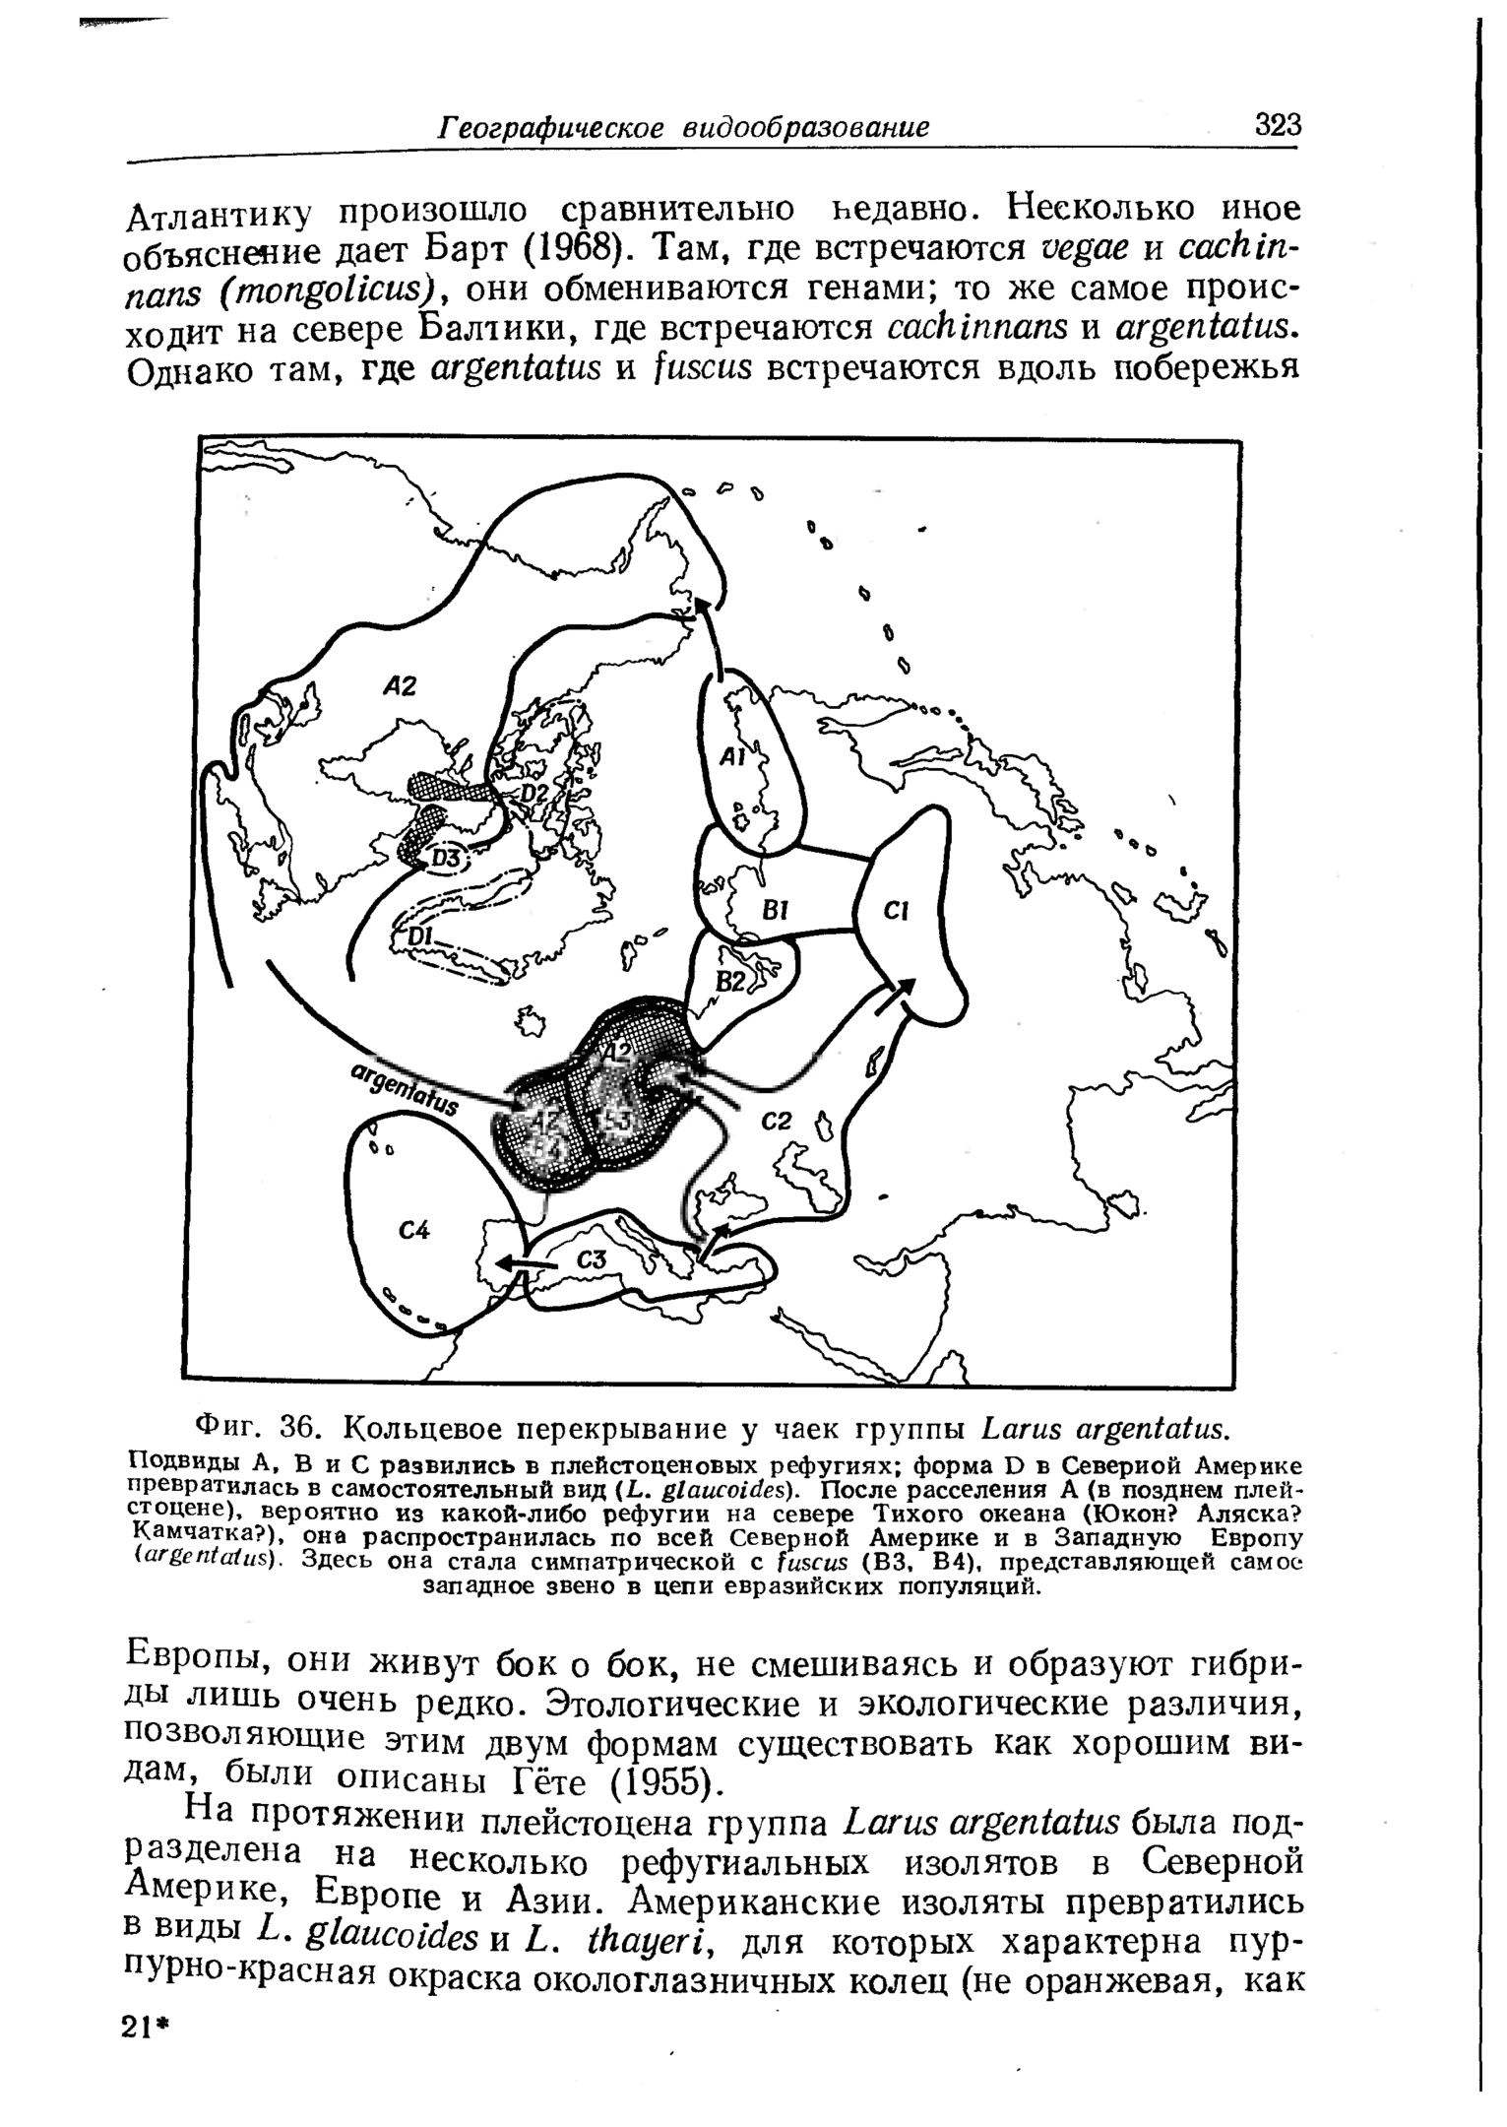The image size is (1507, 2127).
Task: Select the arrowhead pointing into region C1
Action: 906,988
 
